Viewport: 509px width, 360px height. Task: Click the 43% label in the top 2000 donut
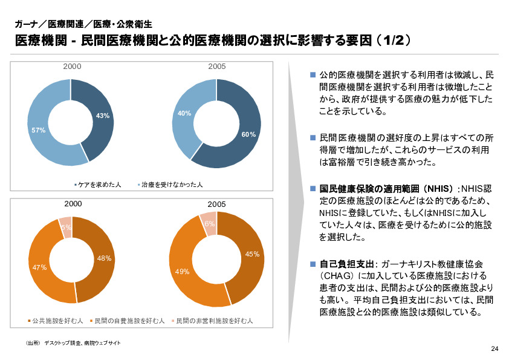pos(102,116)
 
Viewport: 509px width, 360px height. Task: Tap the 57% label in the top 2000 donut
pos(38,130)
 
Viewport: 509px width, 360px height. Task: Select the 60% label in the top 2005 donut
pos(248,134)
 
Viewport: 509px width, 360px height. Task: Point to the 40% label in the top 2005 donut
pos(184,113)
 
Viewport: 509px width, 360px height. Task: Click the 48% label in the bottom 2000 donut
pos(104,258)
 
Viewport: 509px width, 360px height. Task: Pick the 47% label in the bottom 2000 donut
pos(40,267)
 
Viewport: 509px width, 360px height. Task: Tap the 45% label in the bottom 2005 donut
pos(252,254)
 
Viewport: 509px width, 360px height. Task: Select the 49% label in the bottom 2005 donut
pos(183,272)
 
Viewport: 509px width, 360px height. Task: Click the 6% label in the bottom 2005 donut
pos(209,224)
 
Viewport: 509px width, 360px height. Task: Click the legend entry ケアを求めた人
pos(100,184)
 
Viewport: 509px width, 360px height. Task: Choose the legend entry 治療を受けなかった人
pos(171,184)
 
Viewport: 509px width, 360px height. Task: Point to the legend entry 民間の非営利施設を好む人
pos(214,320)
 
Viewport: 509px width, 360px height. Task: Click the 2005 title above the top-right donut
pos(217,66)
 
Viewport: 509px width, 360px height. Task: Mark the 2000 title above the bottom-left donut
pos(73,204)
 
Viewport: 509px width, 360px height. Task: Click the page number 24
pos(494,349)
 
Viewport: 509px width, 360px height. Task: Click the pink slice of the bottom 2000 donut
pos(65,224)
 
